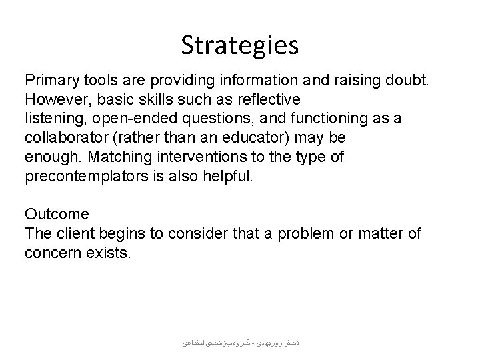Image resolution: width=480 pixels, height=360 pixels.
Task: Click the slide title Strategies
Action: pyautogui.click(x=240, y=46)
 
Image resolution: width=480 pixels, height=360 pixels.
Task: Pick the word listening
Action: pyautogui.click(x=51, y=117)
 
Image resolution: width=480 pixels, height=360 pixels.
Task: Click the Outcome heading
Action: pyautogui.click(x=56, y=213)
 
